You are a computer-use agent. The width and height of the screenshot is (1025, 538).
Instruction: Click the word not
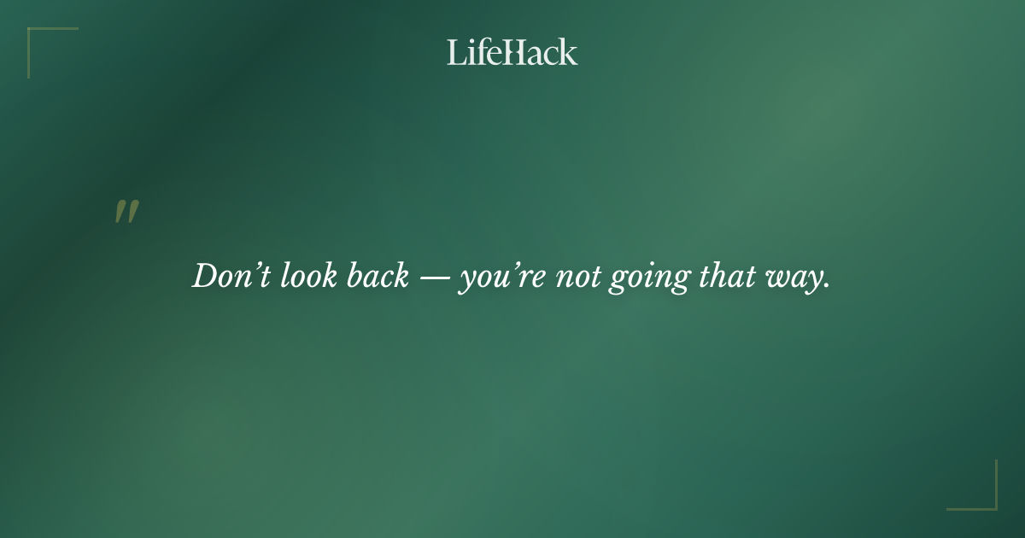click(577, 277)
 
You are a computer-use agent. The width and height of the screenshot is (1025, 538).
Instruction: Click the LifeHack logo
click(512, 52)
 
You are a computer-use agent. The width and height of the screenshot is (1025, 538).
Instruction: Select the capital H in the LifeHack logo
click(512, 52)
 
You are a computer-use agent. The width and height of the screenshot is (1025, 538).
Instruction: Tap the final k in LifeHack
click(568, 52)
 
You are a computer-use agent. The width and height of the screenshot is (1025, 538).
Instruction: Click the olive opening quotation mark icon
click(126, 212)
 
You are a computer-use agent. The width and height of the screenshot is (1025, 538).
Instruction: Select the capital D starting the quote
click(205, 276)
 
